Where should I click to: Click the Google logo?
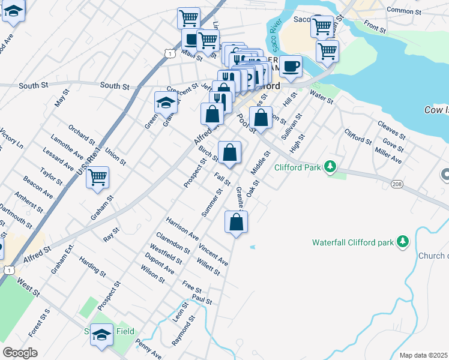pos(20,353)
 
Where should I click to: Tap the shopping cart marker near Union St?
pos(97,177)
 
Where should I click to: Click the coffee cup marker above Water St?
pos(291,66)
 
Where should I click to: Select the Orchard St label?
pos(82,136)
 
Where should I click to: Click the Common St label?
pos(405,10)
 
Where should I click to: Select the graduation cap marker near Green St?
pos(166,103)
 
